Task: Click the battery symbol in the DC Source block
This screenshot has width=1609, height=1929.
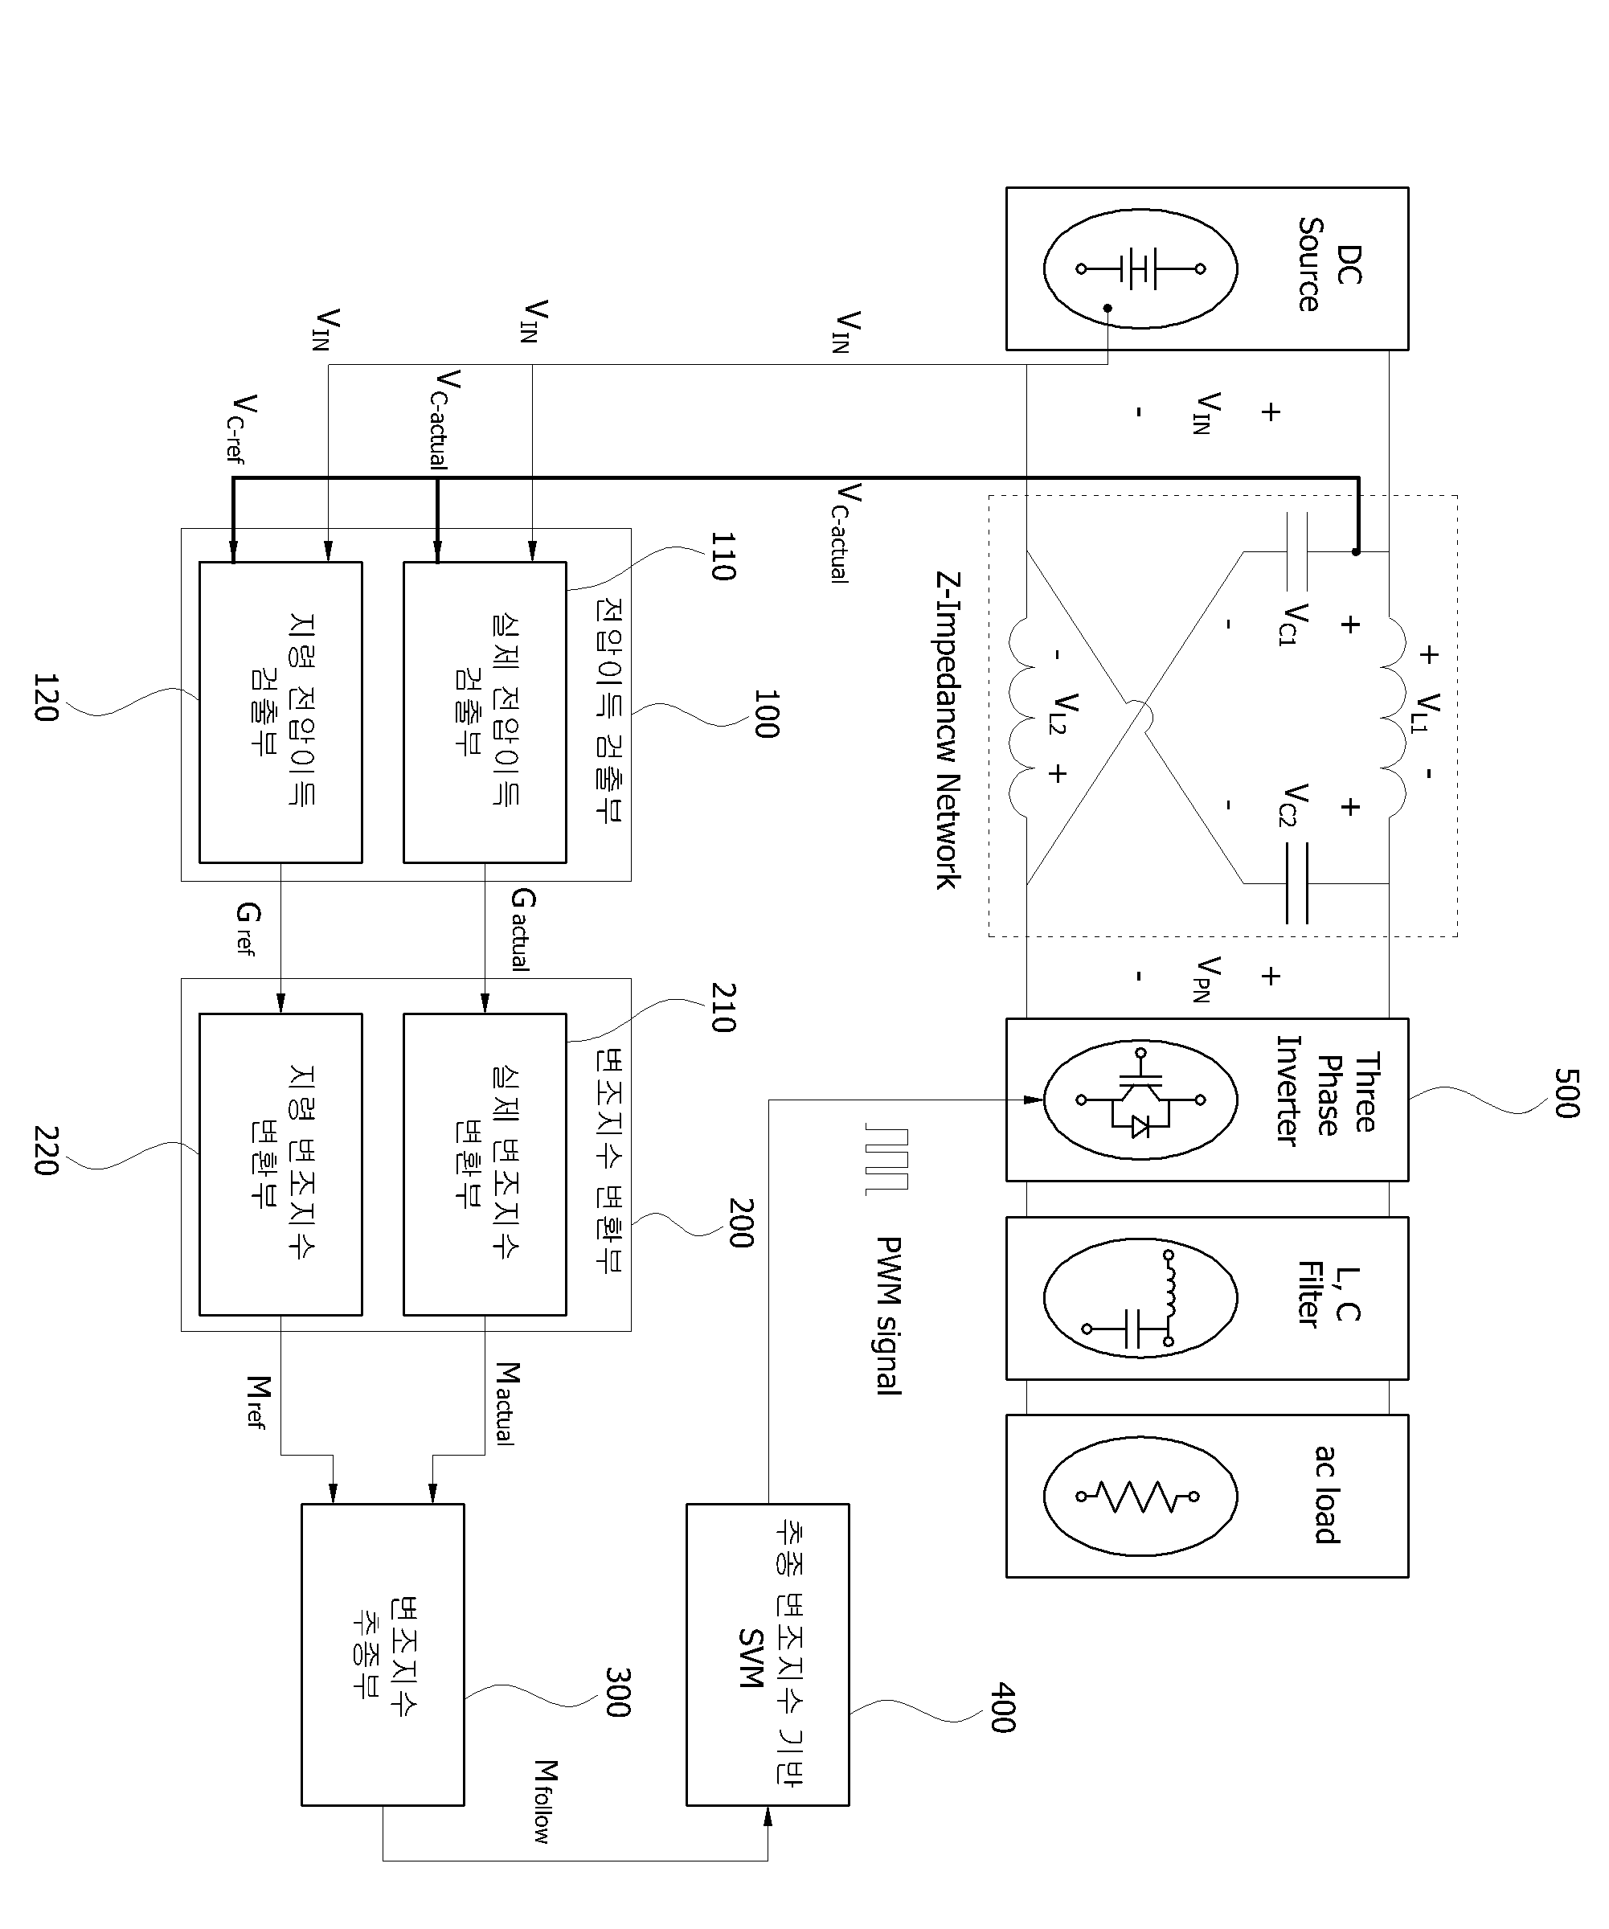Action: (1140, 268)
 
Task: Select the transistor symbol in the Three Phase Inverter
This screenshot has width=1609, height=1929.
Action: (1140, 1099)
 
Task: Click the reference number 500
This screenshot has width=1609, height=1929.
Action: (1566, 1093)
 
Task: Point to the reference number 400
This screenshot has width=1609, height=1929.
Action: (1002, 1708)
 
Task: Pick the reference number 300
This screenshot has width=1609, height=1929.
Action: (616, 1692)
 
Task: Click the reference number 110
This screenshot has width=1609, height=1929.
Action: (723, 557)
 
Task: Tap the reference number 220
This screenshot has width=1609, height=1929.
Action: (46, 1151)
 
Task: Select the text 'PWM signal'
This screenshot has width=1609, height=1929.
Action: (887, 1316)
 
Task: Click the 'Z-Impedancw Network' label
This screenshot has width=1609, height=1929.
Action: (948, 731)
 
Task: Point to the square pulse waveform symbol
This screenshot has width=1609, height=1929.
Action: (886, 1160)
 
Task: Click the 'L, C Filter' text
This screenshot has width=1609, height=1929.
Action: (1328, 1294)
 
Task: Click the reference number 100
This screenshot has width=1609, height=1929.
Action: (765, 714)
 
